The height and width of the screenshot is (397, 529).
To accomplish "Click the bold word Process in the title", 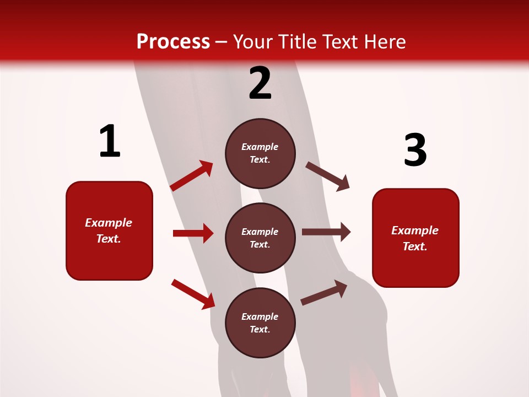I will pos(173,42).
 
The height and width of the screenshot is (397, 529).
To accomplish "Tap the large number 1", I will pos(110,142).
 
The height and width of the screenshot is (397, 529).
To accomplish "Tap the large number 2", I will pos(260,83).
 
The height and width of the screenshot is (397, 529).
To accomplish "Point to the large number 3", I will pos(415,151).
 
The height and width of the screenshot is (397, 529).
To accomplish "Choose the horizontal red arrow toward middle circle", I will pos(193,233).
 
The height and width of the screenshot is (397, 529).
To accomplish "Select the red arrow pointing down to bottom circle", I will pos(193,294).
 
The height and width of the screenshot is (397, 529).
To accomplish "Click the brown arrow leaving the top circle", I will pos(327,176).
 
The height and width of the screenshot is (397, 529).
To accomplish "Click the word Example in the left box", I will pos(109,223).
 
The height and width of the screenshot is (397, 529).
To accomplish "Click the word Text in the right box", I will pos(414,246).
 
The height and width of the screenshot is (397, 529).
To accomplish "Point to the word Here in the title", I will pos(386,42).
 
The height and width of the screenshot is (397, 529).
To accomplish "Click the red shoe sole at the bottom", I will pos(361,380).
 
